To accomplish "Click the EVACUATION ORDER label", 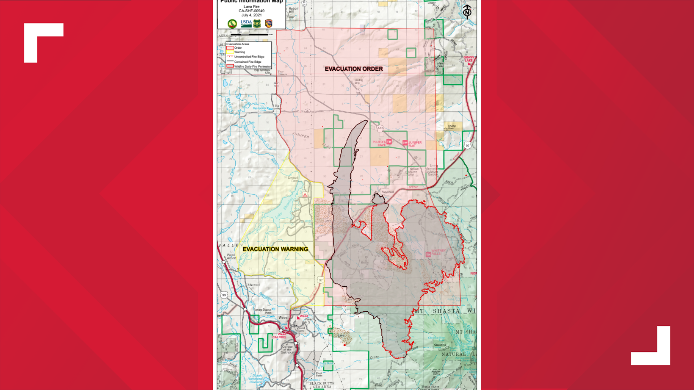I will (354, 69).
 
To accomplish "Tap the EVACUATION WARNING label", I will (275, 249).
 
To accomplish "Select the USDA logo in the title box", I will (246, 23).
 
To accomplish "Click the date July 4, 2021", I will (251, 15).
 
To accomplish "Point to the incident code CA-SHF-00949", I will (251, 11).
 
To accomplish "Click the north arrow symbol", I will (467, 12).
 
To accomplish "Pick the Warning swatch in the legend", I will (230, 52).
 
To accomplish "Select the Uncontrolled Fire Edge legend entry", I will (249, 57).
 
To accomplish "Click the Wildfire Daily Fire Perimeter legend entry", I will (252, 66).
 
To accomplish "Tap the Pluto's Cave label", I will (379, 143).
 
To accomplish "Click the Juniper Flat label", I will (415, 144).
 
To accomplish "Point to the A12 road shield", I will (380, 128).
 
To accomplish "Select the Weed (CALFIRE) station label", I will (279, 336).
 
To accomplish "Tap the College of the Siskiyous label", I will (287, 349).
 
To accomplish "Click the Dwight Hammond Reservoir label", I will (256, 378).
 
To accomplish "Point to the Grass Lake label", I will (468, 59).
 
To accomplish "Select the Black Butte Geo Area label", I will (322, 385).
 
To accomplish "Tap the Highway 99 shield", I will (224, 295).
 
